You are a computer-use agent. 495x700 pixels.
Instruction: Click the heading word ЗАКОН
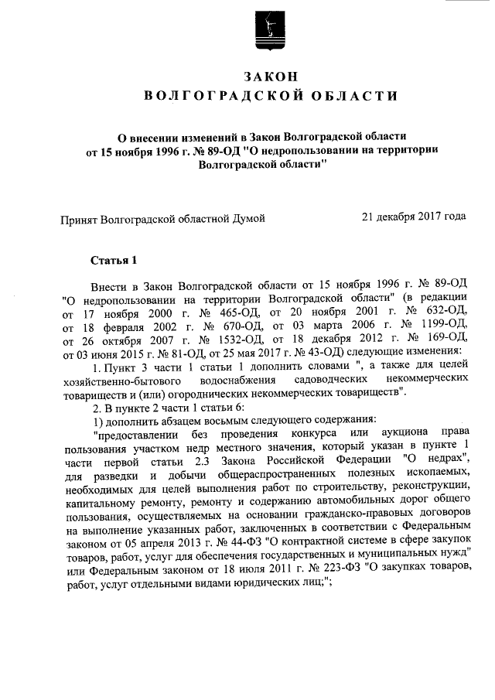271,77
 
